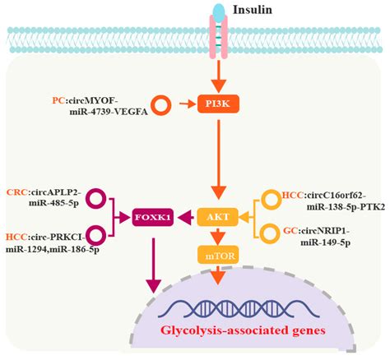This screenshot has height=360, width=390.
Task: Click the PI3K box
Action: pyautogui.click(x=218, y=104)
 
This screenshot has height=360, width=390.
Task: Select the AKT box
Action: pyautogui.click(x=218, y=217)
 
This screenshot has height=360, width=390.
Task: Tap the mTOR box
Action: pyautogui.click(x=218, y=256)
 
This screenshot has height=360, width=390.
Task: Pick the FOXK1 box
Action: pyautogui.click(x=152, y=217)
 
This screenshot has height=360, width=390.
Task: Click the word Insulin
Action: pyautogui.click(x=253, y=10)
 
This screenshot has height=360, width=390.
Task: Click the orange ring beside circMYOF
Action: pyautogui.click(x=161, y=106)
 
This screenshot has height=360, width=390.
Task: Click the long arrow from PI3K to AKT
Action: pyautogui.click(x=218, y=159)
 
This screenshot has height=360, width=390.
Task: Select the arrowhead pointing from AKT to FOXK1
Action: pyautogui.click(x=186, y=217)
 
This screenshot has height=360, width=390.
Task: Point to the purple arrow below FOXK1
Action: pyautogui.click(x=154, y=265)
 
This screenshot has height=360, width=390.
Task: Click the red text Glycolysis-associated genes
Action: pyautogui.click(x=243, y=330)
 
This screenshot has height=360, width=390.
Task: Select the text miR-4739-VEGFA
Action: pyautogui.click(x=109, y=112)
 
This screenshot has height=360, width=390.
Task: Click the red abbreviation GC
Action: pyautogui.click(x=290, y=231)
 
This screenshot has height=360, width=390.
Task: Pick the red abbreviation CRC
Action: pyautogui.click(x=17, y=192)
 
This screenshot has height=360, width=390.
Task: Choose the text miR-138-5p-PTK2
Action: pyautogui.click(x=346, y=206)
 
